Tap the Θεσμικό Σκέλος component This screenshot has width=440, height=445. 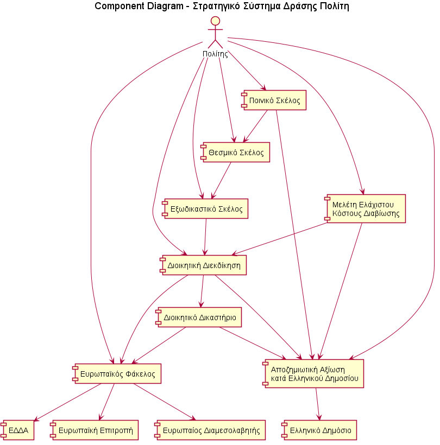[235, 153]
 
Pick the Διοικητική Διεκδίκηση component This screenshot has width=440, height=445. [204, 265]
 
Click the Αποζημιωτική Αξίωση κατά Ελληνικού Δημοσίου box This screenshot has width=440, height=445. [313, 373]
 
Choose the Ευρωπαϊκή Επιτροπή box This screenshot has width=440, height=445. [94, 430]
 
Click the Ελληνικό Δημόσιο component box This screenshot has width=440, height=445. [319, 430]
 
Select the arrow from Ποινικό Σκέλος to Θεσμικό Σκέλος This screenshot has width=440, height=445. [255, 126]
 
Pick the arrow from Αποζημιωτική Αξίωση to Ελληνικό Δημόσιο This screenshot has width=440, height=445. [318, 404]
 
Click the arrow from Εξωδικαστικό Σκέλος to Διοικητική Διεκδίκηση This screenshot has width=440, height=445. [205, 237]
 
